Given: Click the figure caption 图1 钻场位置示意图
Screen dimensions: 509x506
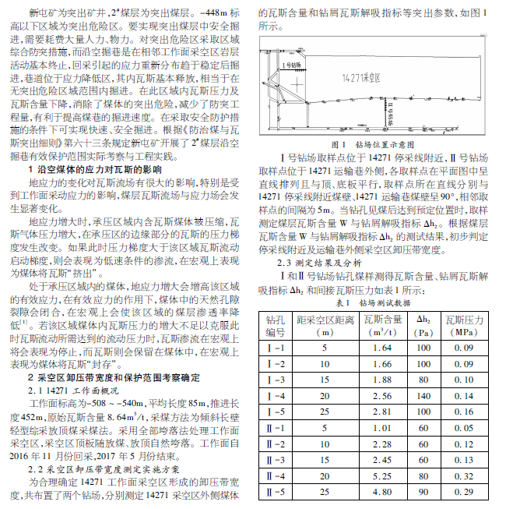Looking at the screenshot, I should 378,144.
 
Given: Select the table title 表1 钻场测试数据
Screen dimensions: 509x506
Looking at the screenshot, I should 378,302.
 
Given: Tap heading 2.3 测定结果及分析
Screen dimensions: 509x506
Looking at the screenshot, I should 315,263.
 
